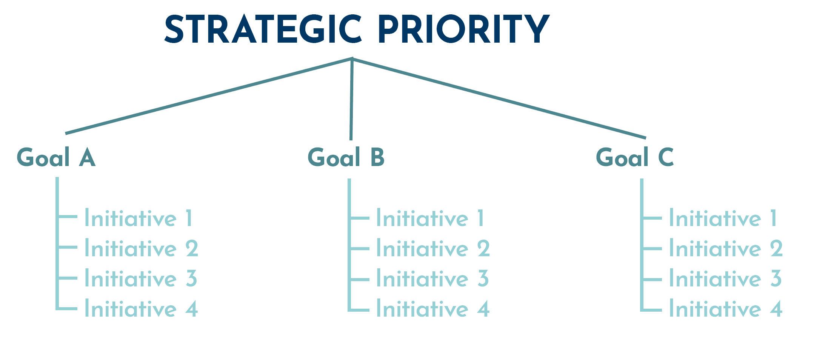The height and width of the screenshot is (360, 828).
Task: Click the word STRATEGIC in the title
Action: [x=263, y=29]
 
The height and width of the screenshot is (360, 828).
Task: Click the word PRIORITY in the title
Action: [x=463, y=29]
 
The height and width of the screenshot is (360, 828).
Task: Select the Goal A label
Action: [x=56, y=158]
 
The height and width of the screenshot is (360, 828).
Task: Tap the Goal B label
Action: [x=346, y=158]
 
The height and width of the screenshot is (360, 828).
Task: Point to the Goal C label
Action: [x=635, y=158]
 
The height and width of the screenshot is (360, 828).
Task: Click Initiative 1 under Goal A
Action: [x=139, y=218]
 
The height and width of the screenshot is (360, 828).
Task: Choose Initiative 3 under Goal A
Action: [x=140, y=278]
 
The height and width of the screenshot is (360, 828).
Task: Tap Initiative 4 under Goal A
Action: [x=141, y=309]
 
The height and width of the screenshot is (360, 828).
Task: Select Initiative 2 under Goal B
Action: [x=433, y=249]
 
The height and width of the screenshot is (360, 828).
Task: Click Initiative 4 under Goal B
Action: [x=433, y=309]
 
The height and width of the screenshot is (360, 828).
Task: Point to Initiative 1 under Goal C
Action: [x=723, y=218]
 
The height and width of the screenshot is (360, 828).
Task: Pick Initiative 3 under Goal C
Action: [x=725, y=278]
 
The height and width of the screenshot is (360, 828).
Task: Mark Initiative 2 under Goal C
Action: [x=726, y=249]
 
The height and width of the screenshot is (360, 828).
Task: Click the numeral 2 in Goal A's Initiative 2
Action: [x=192, y=248]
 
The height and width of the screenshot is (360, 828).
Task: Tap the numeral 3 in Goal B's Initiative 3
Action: [x=483, y=278]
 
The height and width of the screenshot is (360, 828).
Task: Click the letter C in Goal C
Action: [x=666, y=158]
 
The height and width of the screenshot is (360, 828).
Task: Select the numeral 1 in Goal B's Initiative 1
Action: [x=480, y=218]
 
